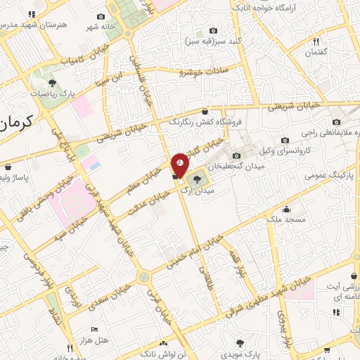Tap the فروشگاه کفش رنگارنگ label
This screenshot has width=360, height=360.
point(205,122)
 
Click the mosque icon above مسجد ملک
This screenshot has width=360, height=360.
point(287,208)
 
